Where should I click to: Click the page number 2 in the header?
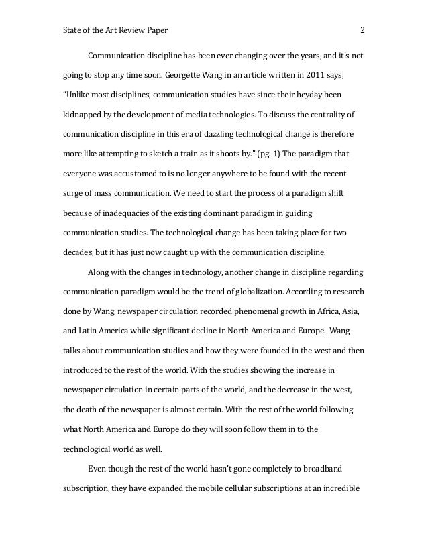point(362,30)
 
